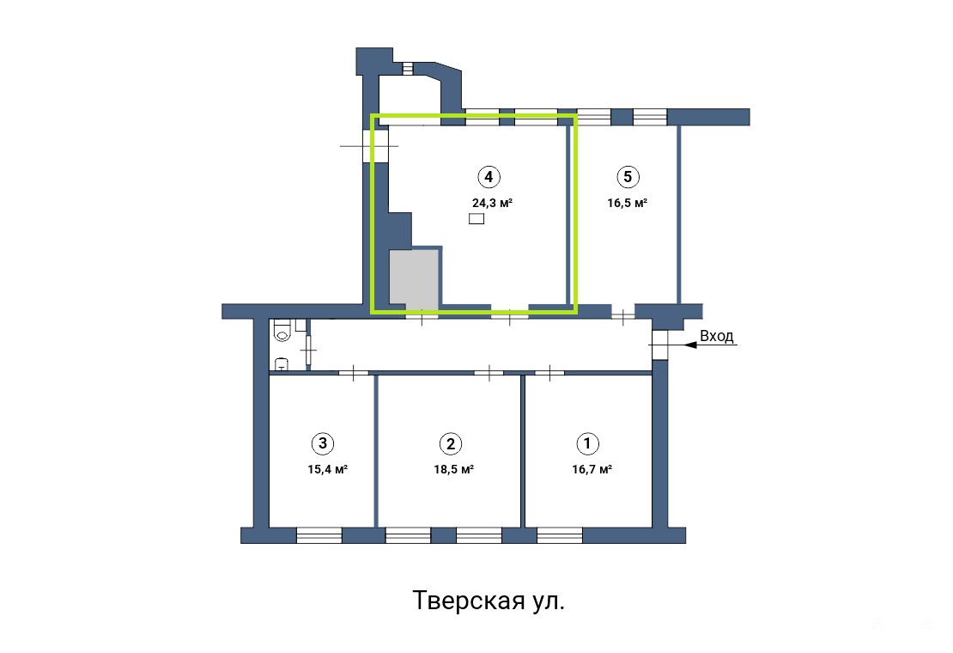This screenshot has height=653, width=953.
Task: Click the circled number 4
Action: [489, 177]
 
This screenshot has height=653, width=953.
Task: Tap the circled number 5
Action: [628, 177]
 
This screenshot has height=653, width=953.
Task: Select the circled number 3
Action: [323, 443]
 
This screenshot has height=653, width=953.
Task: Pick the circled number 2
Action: [451, 444]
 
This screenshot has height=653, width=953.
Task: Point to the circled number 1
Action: [587, 443]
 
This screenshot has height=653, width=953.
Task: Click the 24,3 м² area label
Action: [492, 203]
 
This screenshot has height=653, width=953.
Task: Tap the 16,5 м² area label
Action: [628, 203]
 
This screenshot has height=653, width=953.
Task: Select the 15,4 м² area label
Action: [328, 469]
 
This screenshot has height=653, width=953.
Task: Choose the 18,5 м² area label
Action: [454, 469]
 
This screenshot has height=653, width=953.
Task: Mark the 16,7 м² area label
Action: [592, 469]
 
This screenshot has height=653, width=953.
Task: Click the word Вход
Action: [717, 336]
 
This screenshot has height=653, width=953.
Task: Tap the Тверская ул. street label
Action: [489, 601]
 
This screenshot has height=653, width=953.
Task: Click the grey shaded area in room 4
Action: [413, 278]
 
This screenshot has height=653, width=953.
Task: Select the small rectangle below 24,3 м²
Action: [476, 219]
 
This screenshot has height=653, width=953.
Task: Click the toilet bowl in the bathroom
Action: [282, 331]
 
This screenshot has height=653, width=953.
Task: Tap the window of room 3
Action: [319, 535]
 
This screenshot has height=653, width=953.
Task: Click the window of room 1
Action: [560, 535]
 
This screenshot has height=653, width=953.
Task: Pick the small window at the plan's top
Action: [408, 68]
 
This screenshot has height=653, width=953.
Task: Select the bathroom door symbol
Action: [309, 350]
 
